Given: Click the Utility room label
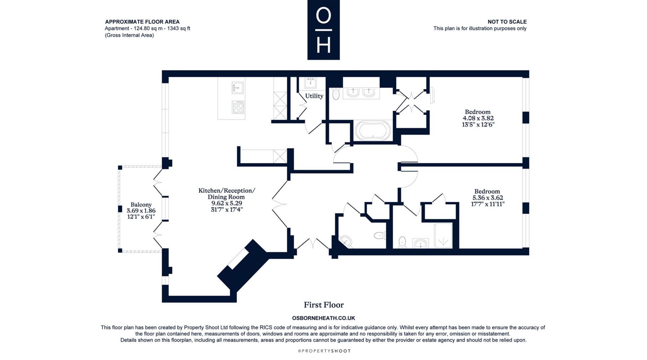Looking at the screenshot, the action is click(314, 96).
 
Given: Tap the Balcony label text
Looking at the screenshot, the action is click(141, 205).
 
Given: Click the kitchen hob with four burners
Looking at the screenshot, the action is click(238, 107).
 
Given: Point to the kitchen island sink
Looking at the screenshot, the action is click(238, 87).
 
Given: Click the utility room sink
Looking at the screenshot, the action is click(311, 83).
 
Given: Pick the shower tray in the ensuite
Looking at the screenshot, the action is click(444, 235).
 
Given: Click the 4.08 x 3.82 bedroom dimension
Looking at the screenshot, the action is click(478, 118).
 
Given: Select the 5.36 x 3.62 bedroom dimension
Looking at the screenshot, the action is click(488, 198).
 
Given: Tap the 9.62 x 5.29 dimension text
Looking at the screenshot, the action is click(226, 203).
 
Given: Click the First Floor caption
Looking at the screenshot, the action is click(323, 305).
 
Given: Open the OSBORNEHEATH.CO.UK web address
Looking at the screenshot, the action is click(323, 318).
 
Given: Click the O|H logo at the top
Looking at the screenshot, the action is click(323, 30).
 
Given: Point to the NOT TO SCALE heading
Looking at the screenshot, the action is click(507, 22).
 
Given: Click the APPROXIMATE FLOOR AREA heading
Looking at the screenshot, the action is click(142, 22).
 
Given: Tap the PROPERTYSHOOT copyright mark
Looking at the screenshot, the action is click(324, 351).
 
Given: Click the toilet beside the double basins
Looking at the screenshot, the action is click(336, 94).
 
